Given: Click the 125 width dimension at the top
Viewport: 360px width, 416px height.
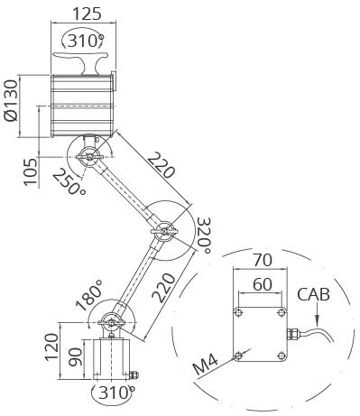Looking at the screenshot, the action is [87, 14].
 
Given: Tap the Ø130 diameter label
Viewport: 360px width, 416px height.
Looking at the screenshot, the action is [12, 100].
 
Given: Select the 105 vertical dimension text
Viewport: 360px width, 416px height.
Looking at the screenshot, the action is [31, 172].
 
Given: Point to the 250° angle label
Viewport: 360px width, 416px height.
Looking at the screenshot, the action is [69, 181].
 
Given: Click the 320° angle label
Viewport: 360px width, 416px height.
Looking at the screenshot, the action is [204, 236].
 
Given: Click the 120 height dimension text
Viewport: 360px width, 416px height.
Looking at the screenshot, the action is [51, 347].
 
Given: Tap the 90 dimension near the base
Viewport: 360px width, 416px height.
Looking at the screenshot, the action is [75, 357].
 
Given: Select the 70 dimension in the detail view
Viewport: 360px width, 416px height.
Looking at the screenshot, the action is [263, 260].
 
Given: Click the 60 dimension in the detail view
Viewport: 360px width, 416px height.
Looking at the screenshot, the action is [263, 284].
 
